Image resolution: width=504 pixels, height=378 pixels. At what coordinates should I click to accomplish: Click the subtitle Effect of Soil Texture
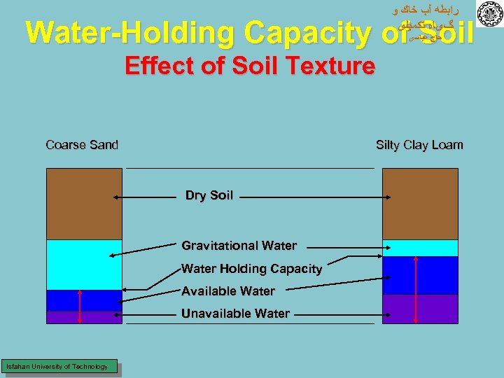click(x=249, y=66)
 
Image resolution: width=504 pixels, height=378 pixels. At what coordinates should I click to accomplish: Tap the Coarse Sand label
click(x=82, y=145)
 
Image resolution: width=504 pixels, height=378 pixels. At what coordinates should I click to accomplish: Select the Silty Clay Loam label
click(x=419, y=145)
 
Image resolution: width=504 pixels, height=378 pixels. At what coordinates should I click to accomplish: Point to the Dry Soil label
click(x=209, y=195)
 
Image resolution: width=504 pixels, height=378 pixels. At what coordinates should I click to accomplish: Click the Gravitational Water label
click(x=239, y=246)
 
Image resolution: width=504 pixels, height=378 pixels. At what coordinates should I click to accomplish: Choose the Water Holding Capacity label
click(x=251, y=269)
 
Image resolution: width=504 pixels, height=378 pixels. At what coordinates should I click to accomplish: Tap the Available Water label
click(x=228, y=291)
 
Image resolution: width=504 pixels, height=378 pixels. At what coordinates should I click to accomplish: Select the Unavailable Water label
click(x=235, y=314)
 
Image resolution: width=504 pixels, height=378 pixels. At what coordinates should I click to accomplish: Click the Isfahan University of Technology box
click(x=58, y=366)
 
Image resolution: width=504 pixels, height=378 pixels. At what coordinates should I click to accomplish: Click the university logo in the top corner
click(x=489, y=14)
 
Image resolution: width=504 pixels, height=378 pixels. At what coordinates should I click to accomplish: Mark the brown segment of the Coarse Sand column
click(x=84, y=204)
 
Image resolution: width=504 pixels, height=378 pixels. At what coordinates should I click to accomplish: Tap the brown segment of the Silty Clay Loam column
click(x=420, y=204)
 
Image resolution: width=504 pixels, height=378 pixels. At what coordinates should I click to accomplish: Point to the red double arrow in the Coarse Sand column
click(x=80, y=304)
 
